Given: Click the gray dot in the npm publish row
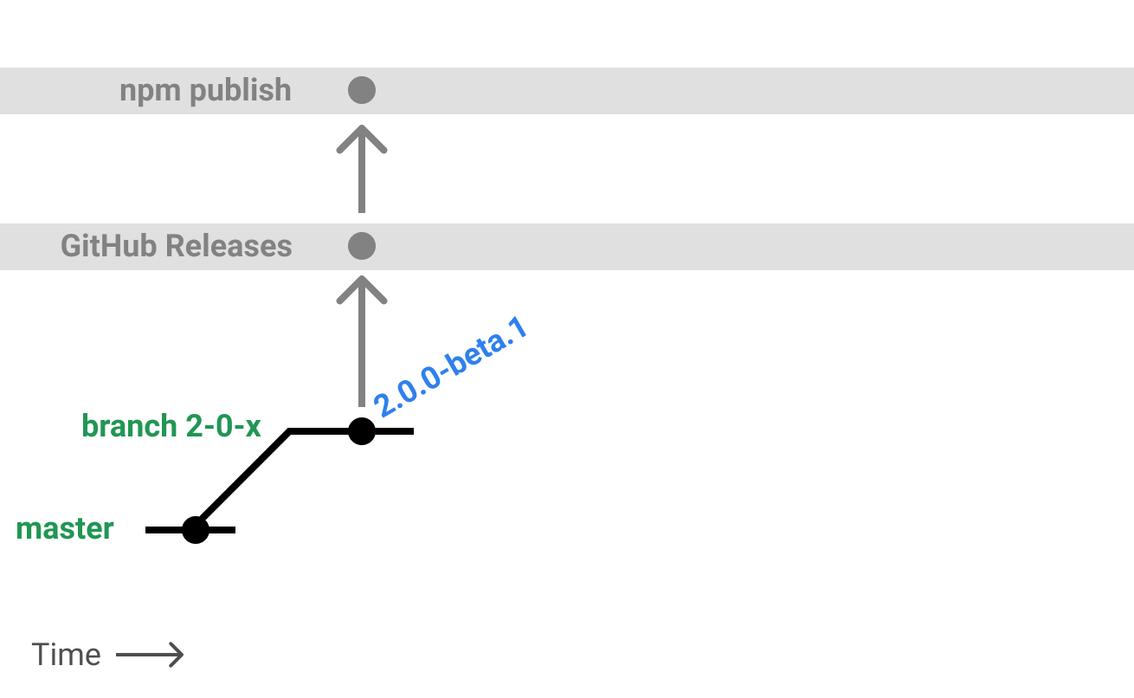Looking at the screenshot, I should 362,90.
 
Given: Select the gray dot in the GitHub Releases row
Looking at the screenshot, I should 362,246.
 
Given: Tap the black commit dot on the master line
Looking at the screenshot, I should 196,529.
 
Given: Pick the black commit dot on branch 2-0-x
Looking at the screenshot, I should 362,430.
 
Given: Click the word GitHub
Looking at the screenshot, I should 109,246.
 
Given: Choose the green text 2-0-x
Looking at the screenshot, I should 223,426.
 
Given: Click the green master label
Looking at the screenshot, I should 65,528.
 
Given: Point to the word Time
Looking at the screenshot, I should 66,655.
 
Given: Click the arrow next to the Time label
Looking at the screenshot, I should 150,655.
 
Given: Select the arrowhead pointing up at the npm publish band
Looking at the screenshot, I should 362,139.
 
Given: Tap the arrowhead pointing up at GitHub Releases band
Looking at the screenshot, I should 362,289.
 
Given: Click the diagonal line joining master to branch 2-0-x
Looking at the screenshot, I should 243,479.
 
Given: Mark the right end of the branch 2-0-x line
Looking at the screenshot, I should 411,430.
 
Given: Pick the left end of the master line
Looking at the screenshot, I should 148,529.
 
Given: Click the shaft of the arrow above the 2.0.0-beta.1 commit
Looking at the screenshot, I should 362,355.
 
